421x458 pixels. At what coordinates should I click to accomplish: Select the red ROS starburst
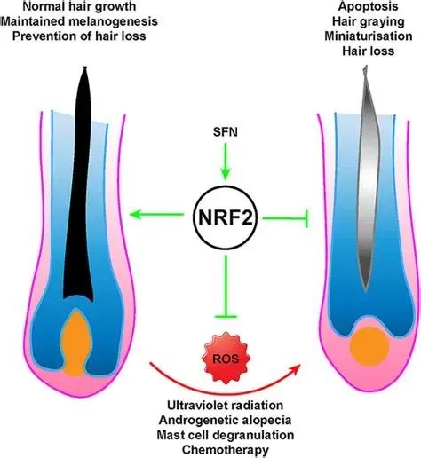[226, 359]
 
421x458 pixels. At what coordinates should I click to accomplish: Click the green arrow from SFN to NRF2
[226, 162]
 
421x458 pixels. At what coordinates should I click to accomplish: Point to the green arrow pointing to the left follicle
[157, 214]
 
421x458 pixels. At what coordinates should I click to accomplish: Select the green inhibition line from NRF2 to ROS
[226, 287]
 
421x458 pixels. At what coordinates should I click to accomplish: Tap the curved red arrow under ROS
[225, 392]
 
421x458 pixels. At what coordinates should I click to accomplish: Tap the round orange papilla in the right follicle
[369, 346]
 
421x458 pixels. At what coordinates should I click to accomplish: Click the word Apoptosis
[369, 7]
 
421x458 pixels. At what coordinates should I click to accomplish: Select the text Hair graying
[369, 21]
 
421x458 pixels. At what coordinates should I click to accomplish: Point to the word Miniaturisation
[369, 36]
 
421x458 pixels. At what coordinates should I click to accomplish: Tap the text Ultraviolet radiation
[225, 405]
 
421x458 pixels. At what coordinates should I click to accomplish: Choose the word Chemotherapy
[226, 450]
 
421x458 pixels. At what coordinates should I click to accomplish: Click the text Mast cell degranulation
[226, 435]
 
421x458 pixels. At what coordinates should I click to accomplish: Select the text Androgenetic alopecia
[225, 420]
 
